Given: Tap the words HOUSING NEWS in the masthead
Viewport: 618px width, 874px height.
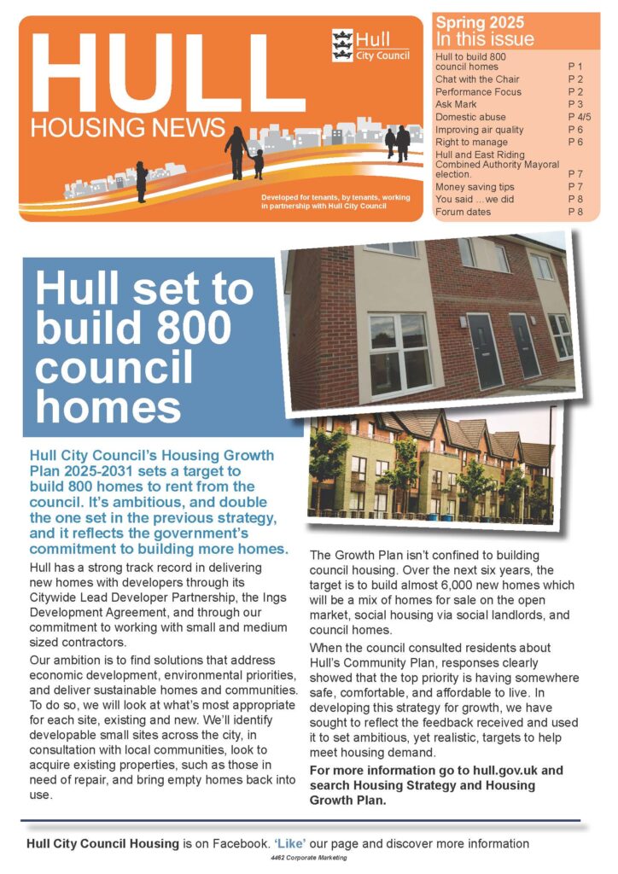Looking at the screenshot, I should click(x=128, y=128).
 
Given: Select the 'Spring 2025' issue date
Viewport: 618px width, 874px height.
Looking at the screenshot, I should click(x=480, y=22).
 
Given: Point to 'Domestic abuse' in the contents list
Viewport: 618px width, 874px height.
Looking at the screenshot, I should click(x=470, y=117).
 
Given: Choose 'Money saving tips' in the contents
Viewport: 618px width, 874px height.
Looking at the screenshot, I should click(x=475, y=186).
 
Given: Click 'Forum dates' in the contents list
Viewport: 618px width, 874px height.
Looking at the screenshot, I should click(x=463, y=212).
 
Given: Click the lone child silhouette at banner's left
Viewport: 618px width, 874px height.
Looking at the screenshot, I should click(x=142, y=181).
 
